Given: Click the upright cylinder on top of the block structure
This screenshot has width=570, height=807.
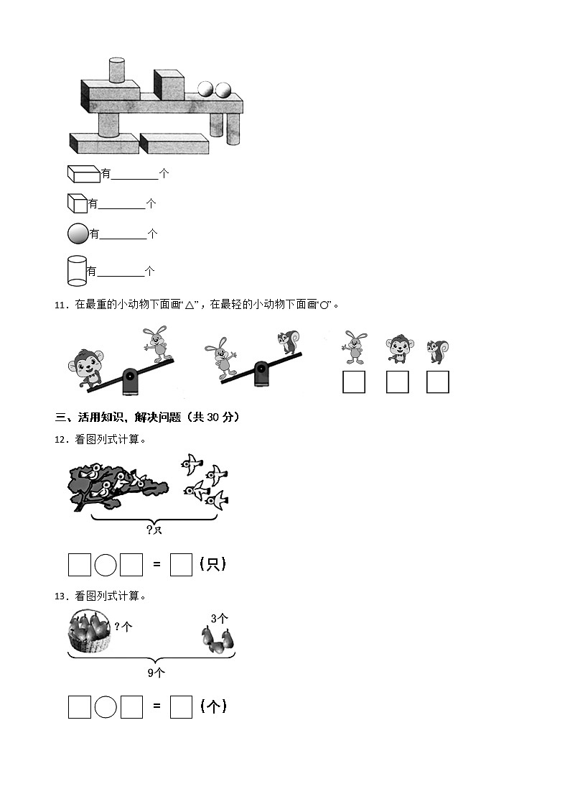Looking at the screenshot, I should tap(117, 70).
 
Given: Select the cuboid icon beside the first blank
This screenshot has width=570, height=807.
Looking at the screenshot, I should tap(83, 173).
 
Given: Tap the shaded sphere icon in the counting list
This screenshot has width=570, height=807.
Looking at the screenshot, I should tap(77, 233).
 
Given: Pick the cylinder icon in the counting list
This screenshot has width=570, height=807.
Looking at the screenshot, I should tap(76, 270).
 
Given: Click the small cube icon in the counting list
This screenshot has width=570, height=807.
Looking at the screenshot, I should tap(77, 203).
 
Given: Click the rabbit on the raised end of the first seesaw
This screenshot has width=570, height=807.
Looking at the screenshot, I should tap(157, 343).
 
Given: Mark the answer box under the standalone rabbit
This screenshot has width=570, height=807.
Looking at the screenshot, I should tap(353, 382).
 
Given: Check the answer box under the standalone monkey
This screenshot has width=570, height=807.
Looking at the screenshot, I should tap(397, 382).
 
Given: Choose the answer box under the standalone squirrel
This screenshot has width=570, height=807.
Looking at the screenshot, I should tap(437, 382).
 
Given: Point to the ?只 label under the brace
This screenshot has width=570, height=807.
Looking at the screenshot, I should tap(154, 530).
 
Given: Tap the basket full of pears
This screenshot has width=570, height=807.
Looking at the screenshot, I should tap(90, 631).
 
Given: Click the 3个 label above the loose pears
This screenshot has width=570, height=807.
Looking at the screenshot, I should tap(219, 618).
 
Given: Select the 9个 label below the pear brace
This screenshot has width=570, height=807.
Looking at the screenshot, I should tap(156, 673).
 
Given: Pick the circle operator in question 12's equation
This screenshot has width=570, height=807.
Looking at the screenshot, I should tap(106, 565).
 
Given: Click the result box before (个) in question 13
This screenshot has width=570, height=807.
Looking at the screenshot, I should tap(181, 707).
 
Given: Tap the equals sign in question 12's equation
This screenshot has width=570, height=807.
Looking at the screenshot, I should tap(156, 565).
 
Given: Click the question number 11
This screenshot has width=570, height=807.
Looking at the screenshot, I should tap(60, 305).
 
